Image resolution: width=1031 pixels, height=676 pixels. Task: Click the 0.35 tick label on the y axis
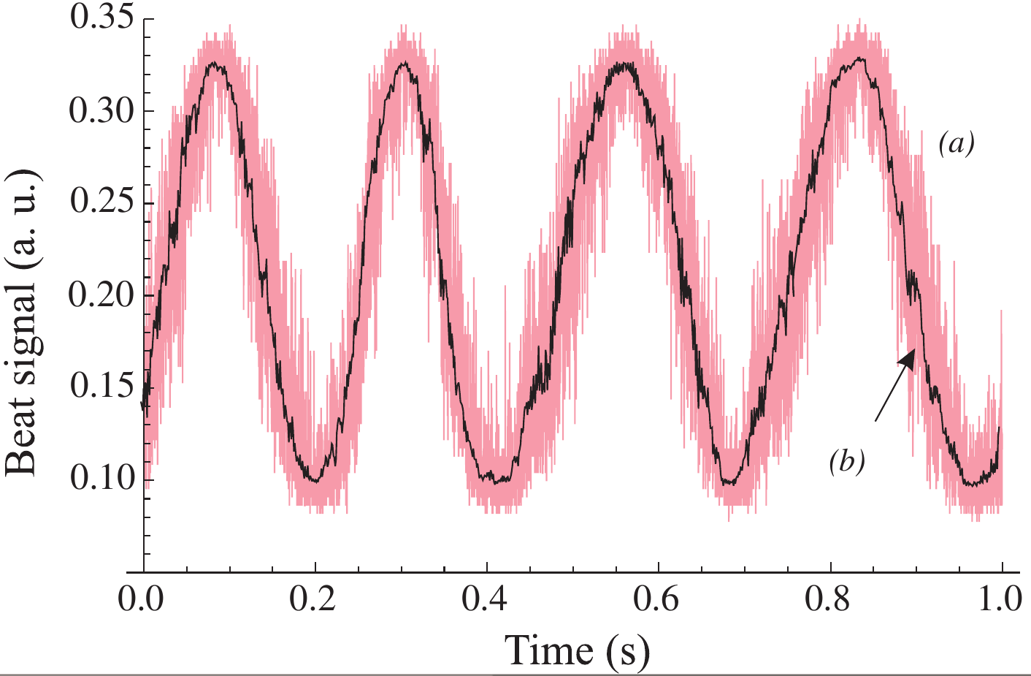coord(101,18)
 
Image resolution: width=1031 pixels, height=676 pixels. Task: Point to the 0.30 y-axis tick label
coord(101,111)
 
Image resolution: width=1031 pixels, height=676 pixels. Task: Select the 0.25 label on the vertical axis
coord(101,202)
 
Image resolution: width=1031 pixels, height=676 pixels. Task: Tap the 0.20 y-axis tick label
coord(101,295)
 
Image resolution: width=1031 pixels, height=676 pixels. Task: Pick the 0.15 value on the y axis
coord(101,387)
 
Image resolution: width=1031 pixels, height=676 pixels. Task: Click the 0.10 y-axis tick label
coord(101,479)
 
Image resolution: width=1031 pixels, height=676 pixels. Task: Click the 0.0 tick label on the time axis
coord(144,599)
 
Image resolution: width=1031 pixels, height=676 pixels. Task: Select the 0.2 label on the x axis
coord(315,599)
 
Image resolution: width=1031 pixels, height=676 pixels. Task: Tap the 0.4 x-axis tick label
coord(487,599)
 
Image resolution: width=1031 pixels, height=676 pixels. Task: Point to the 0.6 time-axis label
coord(659,599)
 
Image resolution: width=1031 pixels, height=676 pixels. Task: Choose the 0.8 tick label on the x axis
coord(830,599)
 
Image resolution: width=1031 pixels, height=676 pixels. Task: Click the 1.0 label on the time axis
coord(1002,599)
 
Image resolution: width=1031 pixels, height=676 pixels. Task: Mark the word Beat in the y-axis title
coord(22,444)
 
